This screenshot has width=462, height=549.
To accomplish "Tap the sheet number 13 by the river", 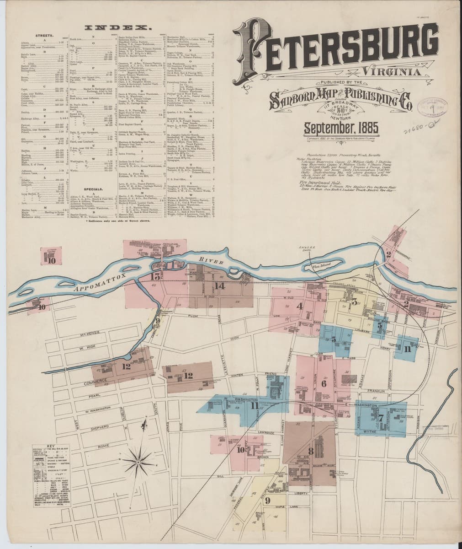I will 156,276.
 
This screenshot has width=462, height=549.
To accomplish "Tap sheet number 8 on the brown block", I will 311,441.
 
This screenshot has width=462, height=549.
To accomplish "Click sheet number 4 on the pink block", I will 299,306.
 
